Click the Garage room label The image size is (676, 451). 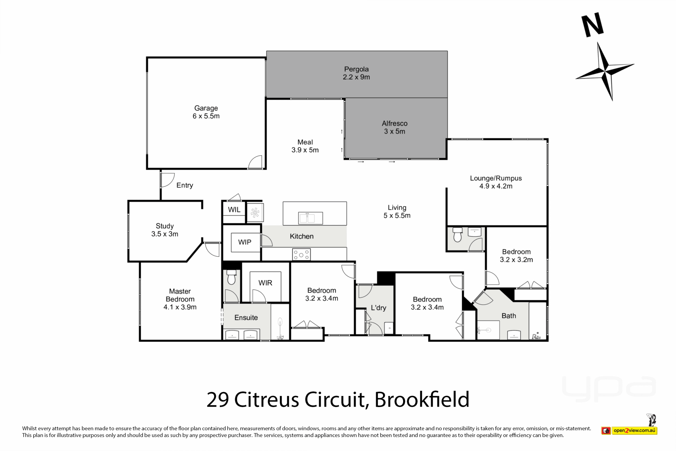click(x=206, y=108)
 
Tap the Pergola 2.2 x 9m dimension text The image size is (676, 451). click(x=356, y=77)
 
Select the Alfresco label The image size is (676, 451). click(x=395, y=123)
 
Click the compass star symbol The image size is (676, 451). click(x=605, y=72)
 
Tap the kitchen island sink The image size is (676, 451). click(x=310, y=218)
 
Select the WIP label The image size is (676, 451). click(x=245, y=242)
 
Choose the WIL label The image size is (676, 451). click(x=234, y=210)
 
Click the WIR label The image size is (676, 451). click(x=265, y=283)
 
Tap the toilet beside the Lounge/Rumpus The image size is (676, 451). click(x=457, y=235)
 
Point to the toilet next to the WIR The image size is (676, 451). click(x=231, y=277)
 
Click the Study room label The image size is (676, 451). click(x=165, y=226)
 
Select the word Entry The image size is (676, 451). click(x=185, y=185)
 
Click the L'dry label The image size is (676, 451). click(x=378, y=308)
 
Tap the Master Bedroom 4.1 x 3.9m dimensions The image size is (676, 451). click(x=180, y=307)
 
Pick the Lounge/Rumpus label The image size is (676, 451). click(x=496, y=178)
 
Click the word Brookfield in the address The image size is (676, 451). click(x=422, y=400)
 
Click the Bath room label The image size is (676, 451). click(x=509, y=316)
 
